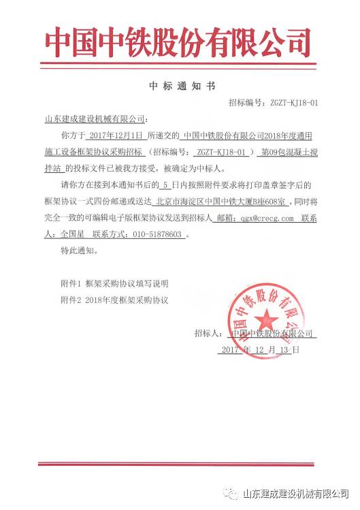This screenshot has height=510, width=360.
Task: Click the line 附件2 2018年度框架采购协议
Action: [x=113, y=300]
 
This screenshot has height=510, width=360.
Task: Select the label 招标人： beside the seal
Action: [x=209, y=334]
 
